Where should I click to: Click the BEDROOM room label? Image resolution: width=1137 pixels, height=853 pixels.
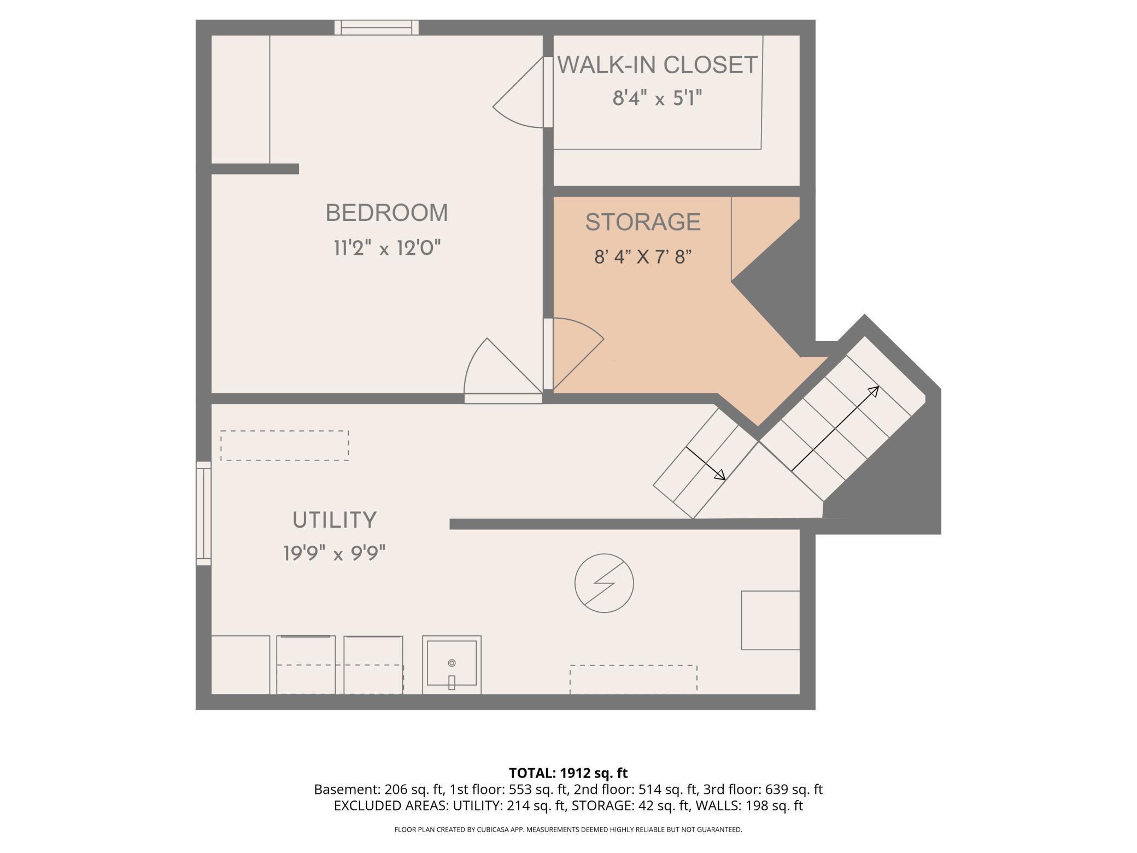click(x=386, y=213)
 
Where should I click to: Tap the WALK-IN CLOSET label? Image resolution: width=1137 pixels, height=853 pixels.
click(x=657, y=65)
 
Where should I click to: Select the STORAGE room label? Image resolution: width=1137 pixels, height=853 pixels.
click(x=643, y=222)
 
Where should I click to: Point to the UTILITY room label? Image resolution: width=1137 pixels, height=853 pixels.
click(x=335, y=520)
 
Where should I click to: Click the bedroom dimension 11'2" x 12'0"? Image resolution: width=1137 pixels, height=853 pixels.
click(x=387, y=248)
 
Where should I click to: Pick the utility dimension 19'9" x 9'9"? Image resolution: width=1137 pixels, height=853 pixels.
click(x=335, y=553)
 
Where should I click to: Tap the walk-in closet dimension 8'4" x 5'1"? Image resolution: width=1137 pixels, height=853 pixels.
click(x=657, y=98)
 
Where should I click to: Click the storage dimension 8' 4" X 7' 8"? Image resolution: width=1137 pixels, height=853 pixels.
click(x=643, y=256)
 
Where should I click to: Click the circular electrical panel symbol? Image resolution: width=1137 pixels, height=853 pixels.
click(x=604, y=583)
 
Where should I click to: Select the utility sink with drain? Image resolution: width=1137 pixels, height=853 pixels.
click(x=452, y=664)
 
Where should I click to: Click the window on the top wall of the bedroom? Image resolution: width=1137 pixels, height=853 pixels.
click(x=377, y=27)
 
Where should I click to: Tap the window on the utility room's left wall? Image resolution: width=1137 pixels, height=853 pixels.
click(x=203, y=513)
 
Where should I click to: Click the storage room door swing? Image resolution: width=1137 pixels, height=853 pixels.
click(x=578, y=354)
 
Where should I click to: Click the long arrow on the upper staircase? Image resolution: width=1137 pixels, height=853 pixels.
click(x=835, y=428)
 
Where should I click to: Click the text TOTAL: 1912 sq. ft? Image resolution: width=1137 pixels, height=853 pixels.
click(x=568, y=773)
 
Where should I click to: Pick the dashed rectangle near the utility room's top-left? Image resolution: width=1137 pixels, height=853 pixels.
click(x=285, y=445)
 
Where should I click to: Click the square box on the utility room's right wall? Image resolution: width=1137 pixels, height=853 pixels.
click(x=771, y=620)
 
